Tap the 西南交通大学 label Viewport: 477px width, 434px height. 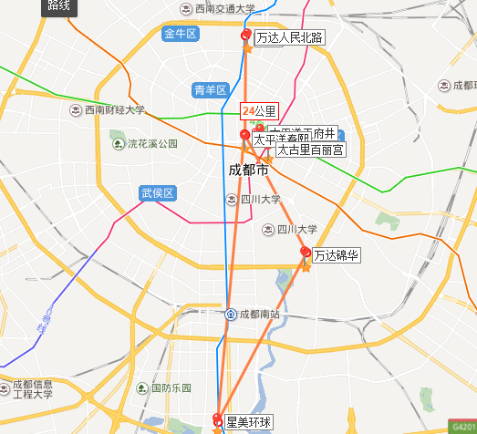tap(225, 9)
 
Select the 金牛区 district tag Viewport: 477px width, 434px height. tap(181, 35)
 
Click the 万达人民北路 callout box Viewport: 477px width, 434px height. tap(289, 38)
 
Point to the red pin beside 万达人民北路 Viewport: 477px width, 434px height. tap(245, 36)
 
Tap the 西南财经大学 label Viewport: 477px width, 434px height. tap(114, 110)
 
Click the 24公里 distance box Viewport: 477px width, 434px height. tap(258, 110)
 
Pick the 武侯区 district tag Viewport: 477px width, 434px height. tap(157, 193)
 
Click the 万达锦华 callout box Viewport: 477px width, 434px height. tap(337, 257)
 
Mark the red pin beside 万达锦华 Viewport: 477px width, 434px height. tap(306, 253)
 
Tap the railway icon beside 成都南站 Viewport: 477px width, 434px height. tap(232, 315)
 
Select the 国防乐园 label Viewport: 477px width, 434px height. tap(171, 387)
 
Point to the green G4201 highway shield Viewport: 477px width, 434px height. tap(463, 426)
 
